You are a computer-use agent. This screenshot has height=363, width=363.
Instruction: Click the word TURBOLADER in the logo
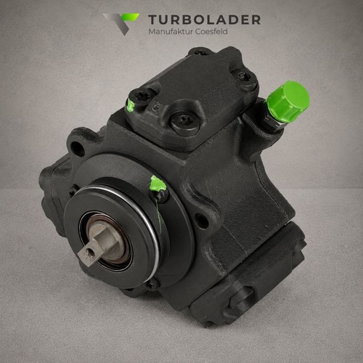205,20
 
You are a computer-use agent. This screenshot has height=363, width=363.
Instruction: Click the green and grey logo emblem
121,24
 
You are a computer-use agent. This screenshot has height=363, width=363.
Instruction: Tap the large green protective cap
288,102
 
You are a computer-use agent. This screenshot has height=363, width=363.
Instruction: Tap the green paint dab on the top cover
131,105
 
